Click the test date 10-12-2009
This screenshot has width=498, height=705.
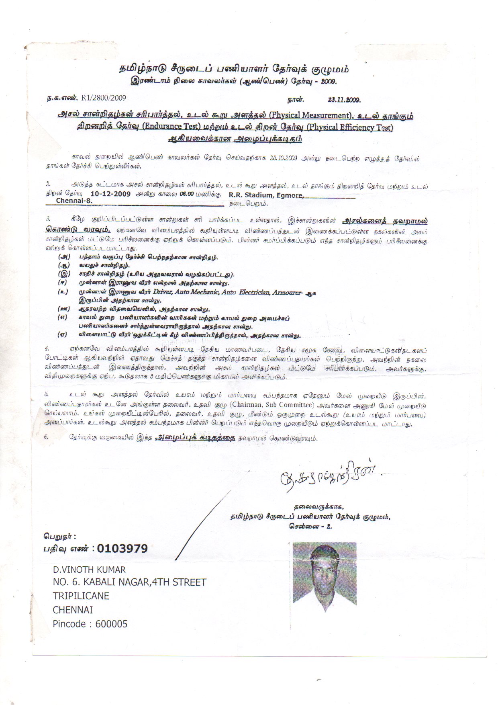(x=111, y=194)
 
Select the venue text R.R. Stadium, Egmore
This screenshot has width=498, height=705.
(x=265, y=195)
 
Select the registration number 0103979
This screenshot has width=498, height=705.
(x=122, y=548)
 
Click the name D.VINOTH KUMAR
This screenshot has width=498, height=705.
(x=89, y=570)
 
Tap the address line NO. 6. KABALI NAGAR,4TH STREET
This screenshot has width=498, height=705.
(x=129, y=582)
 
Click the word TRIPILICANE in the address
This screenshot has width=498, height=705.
(x=81, y=596)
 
